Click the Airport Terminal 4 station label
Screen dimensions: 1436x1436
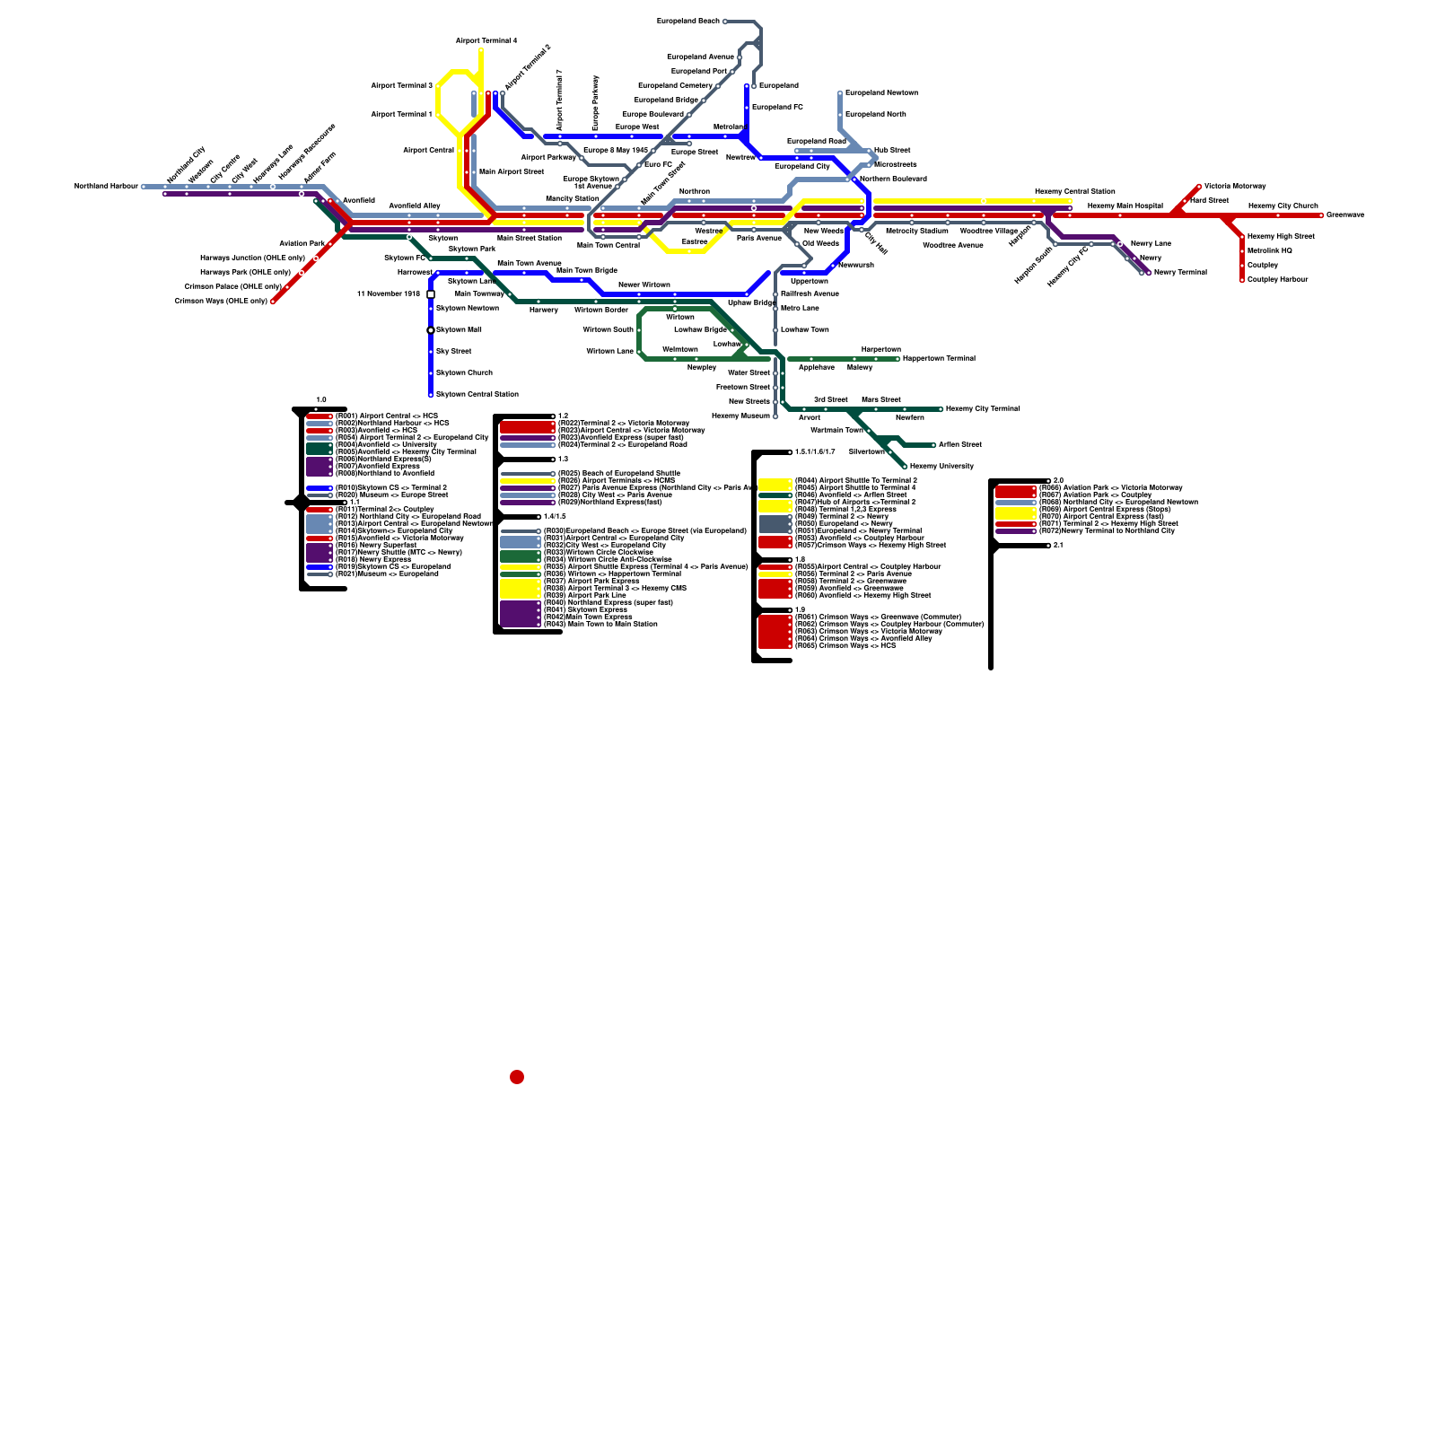coord(486,41)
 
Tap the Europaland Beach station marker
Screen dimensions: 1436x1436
coord(725,22)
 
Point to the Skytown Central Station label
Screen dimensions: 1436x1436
coord(477,394)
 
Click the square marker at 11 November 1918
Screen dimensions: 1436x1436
coord(431,294)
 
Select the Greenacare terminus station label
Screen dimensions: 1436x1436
coord(1344,215)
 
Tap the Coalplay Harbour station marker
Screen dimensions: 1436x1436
coord(1242,280)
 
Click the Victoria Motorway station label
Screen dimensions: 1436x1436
coord(1234,187)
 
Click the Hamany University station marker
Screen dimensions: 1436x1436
coord(905,467)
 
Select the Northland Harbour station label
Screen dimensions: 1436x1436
coord(106,187)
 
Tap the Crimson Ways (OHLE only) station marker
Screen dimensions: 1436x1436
coord(273,302)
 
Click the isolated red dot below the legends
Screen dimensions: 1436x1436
coord(517,1077)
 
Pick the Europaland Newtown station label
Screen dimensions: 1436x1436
coord(880,93)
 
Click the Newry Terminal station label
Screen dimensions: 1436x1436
coord(1180,273)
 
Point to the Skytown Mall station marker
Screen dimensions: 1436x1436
coord(431,330)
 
